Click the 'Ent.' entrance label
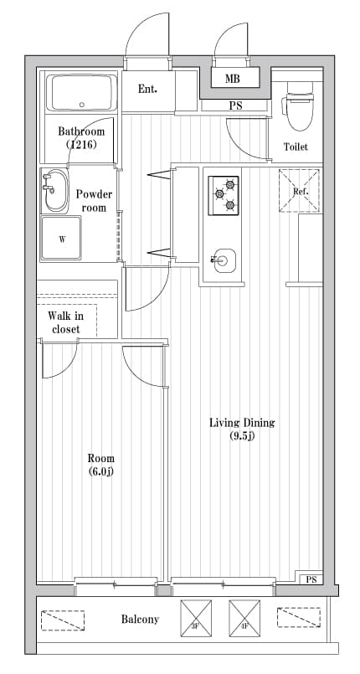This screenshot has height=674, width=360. point(147,90)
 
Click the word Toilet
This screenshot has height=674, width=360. point(296,147)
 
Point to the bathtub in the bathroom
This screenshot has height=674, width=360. point(81,92)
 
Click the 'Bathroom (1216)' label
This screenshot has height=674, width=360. point(81,138)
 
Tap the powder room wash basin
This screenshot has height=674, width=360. point(55,192)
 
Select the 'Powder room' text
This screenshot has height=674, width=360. point(95,200)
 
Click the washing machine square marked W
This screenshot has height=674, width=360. point(61,239)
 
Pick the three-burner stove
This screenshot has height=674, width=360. point(224,195)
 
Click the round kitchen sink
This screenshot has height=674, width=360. point(223,260)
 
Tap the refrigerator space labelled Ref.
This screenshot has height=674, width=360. point(300,191)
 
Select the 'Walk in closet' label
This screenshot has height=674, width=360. point(64,322)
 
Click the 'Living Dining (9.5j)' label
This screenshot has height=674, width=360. point(242,429)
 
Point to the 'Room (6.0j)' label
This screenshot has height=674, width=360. point(101,465)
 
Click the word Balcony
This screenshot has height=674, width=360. point(140,620)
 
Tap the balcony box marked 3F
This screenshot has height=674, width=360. point(197,619)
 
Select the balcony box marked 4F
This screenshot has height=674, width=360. point(245,619)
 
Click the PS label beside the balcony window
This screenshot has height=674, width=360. point(311,579)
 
